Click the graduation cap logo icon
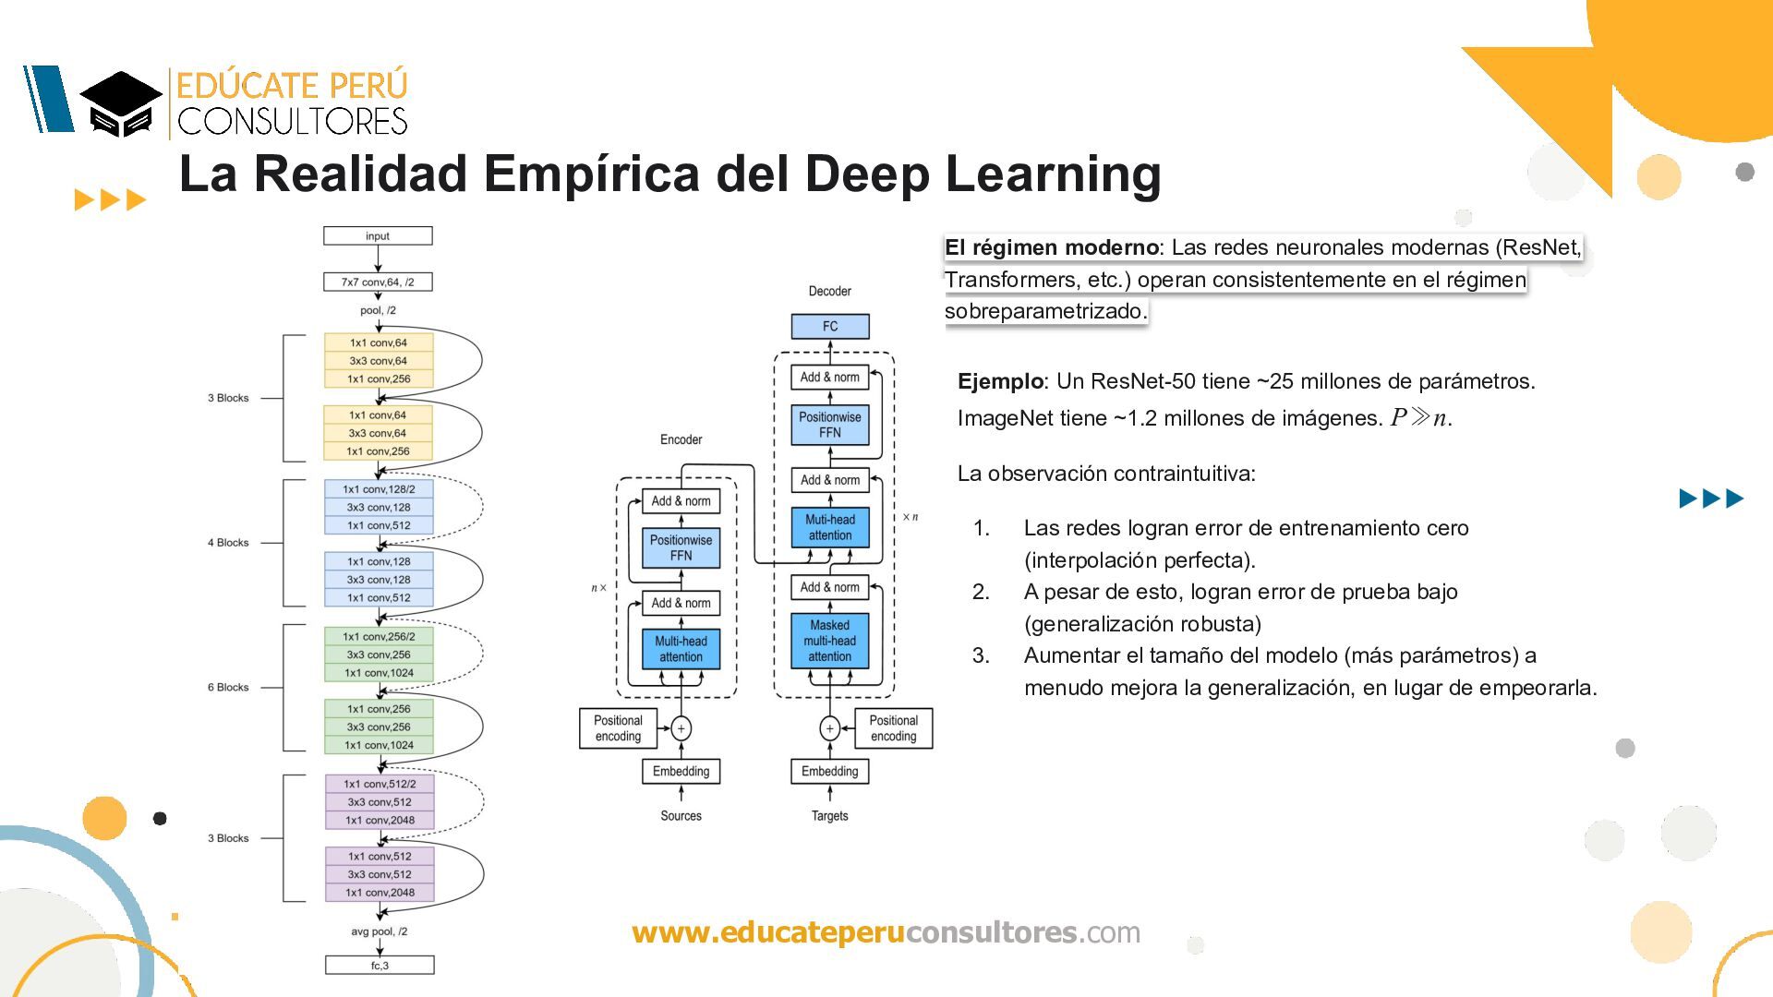click(x=121, y=103)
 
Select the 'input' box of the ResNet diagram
click(x=378, y=236)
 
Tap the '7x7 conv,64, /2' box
click(x=378, y=282)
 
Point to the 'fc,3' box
click(x=380, y=966)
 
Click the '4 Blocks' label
click(x=228, y=543)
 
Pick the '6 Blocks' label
click(x=228, y=688)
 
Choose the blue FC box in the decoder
click(x=830, y=327)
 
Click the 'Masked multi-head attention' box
click(x=830, y=641)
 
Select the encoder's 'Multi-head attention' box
click(x=681, y=649)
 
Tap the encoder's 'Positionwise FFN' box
click(x=681, y=547)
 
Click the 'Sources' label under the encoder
click(x=681, y=816)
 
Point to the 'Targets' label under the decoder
click(x=829, y=816)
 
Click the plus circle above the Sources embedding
click(x=681, y=728)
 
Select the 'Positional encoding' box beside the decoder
click(x=893, y=728)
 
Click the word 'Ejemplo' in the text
click(x=1000, y=381)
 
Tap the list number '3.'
click(x=981, y=655)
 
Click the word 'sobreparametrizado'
click(x=1043, y=311)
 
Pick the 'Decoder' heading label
click(x=829, y=292)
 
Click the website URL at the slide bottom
click(x=886, y=932)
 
